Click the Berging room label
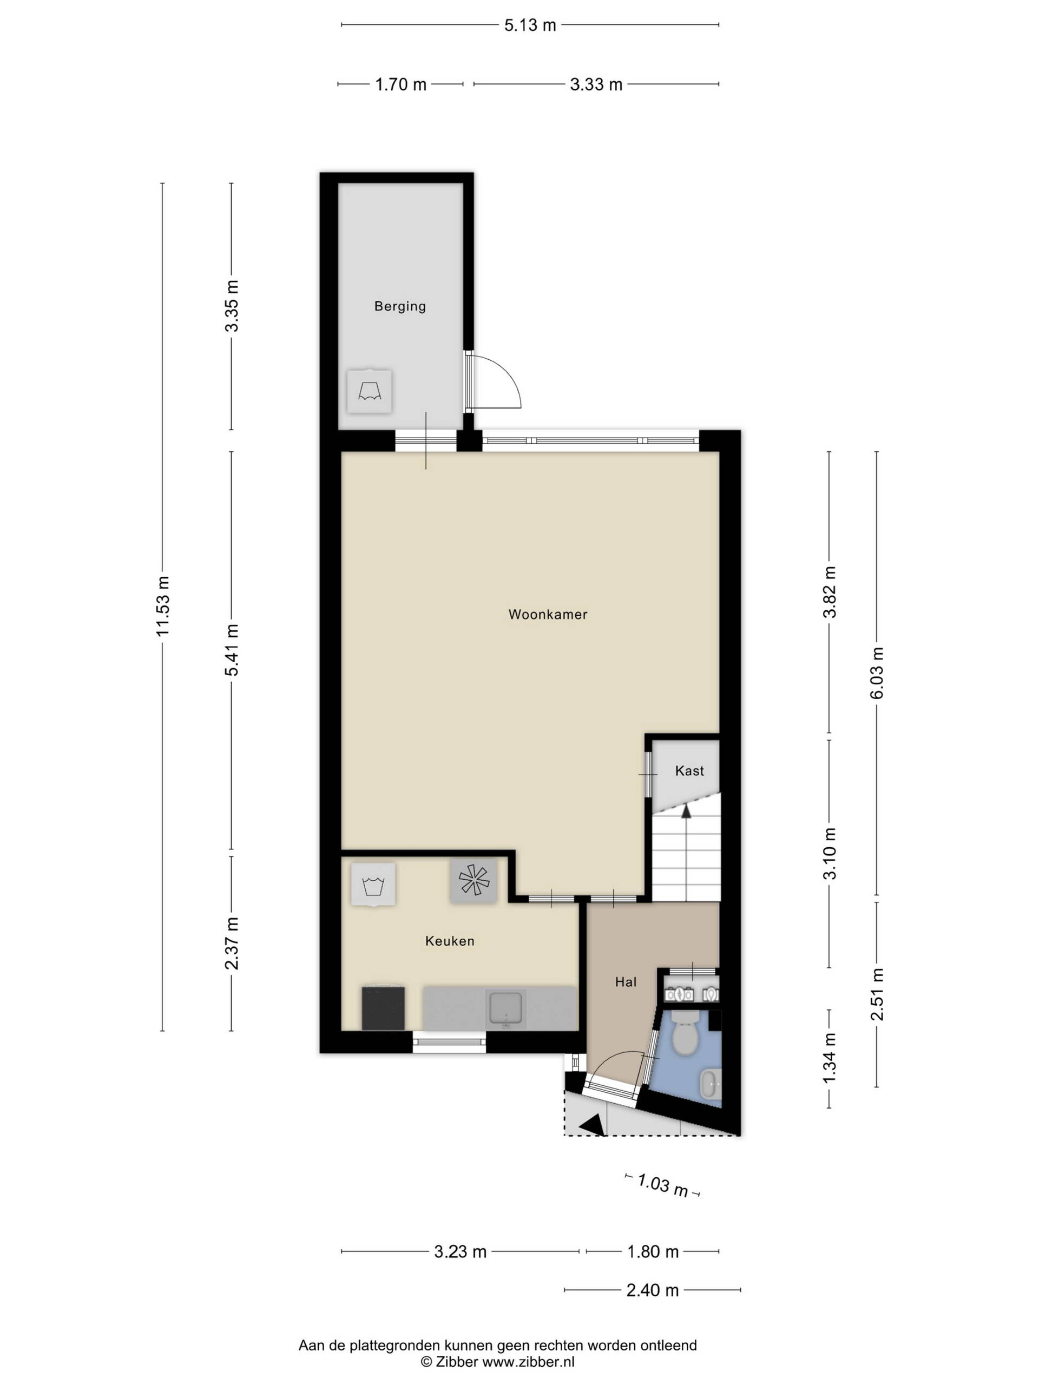(399, 306)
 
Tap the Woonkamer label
(548, 614)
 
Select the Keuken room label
(450, 940)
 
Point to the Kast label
(689, 771)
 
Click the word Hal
(626, 982)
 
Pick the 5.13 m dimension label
(530, 25)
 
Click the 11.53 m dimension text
(163, 605)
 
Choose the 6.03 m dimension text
(877, 673)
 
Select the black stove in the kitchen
(383, 1008)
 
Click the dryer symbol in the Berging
(370, 391)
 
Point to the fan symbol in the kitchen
(474, 880)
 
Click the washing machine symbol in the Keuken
(373, 883)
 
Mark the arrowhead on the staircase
(686, 811)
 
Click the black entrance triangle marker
(593, 1125)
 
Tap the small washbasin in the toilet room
(709, 1083)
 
